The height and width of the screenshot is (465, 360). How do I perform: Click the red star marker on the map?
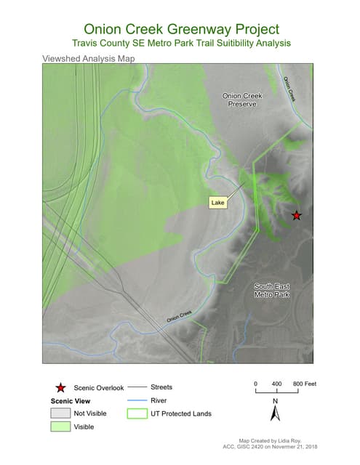(296, 215)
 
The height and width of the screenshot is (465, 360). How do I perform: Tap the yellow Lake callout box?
(217, 203)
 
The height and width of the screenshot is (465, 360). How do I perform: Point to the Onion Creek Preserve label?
(242, 100)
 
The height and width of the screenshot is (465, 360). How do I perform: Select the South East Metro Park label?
(272, 291)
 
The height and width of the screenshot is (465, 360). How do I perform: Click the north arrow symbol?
(275, 413)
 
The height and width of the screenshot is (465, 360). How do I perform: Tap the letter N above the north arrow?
(275, 400)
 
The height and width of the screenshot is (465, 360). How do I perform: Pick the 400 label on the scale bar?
(277, 383)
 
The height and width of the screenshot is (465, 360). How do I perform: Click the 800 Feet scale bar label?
(304, 383)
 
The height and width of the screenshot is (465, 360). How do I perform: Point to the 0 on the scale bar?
(255, 383)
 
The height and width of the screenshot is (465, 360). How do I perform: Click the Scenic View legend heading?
(71, 401)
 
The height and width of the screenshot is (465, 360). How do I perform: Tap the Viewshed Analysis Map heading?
(89, 58)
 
